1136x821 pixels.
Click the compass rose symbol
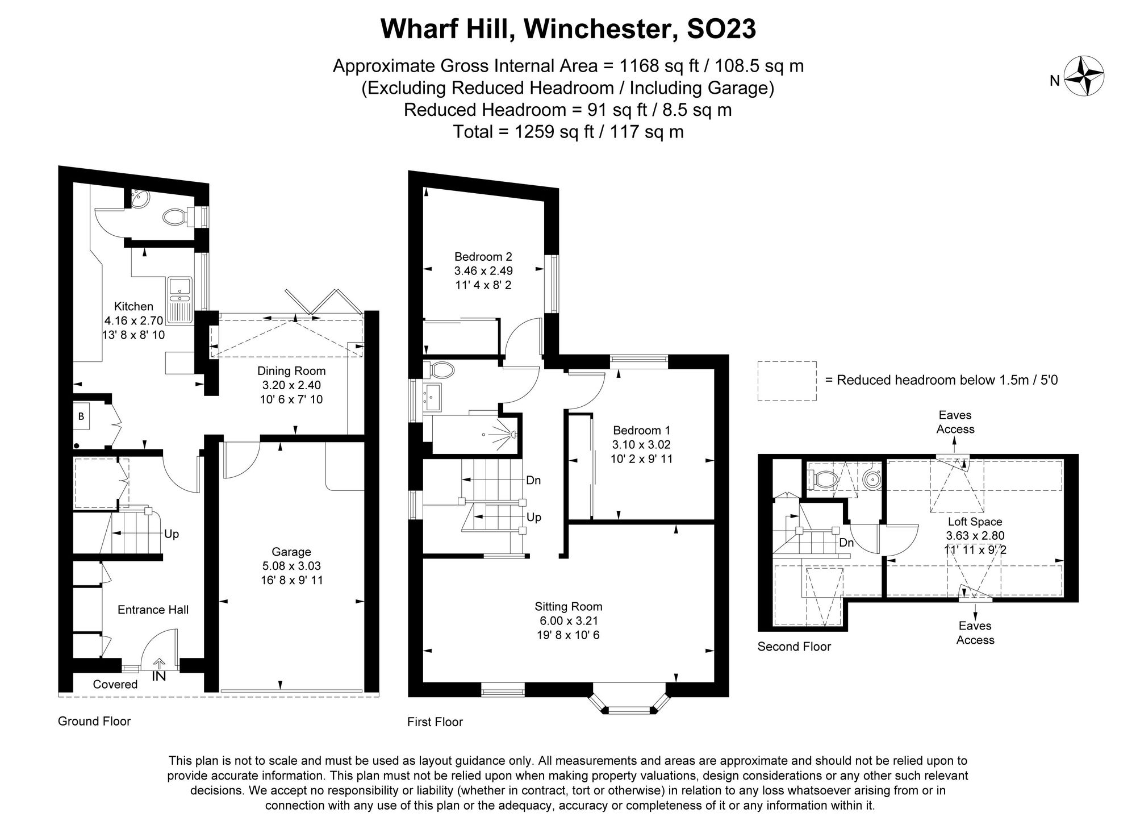tap(1083, 76)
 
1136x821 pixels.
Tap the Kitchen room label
tap(133, 306)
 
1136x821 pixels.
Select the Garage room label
tap(291, 552)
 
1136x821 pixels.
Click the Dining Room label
tap(291, 371)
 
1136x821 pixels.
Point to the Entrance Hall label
tap(153, 610)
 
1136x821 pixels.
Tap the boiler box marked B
tap(81, 416)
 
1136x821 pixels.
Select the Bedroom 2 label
tap(483, 257)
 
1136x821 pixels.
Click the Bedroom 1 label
tap(641, 431)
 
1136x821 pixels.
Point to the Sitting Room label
tap(568, 606)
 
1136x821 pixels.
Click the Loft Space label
tap(975, 522)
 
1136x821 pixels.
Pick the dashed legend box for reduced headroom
tap(787, 381)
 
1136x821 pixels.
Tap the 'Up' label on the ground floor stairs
tap(171, 534)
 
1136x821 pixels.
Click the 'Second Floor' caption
tap(793, 647)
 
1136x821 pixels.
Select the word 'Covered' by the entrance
tap(115, 684)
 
